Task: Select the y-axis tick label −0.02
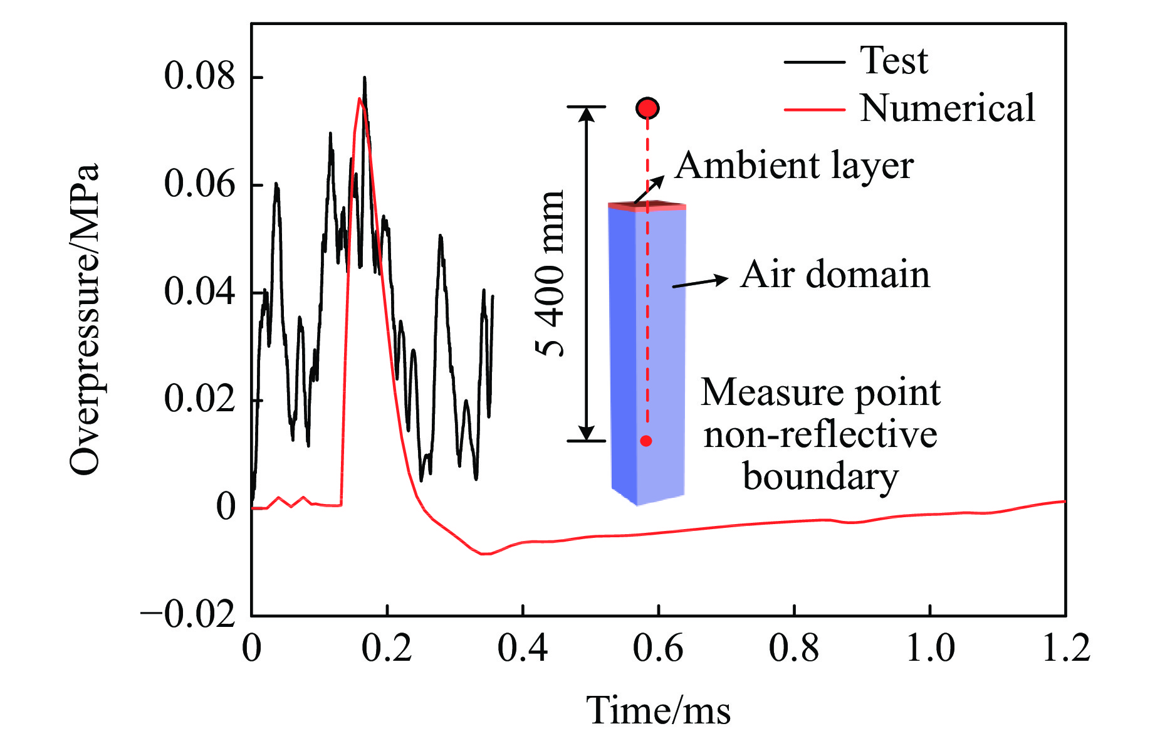(x=188, y=614)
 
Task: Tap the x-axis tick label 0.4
(x=522, y=648)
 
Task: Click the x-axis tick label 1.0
(x=930, y=648)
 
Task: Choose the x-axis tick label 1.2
(x=1065, y=648)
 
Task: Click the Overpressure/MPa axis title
(x=85, y=320)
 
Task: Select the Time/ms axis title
(x=658, y=710)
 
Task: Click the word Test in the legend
(x=894, y=61)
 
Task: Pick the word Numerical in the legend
(x=947, y=108)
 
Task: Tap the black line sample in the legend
(x=814, y=62)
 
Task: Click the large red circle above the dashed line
(x=647, y=108)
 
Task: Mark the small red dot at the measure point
(x=646, y=441)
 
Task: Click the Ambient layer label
(x=794, y=166)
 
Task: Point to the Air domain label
(x=835, y=275)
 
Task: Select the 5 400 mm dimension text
(x=551, y=273)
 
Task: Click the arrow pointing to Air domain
(x=700, y=282)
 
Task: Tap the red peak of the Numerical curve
(x=359, y=99)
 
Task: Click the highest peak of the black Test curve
(x=364, y=78)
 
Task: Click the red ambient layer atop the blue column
(x=647, y=206)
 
